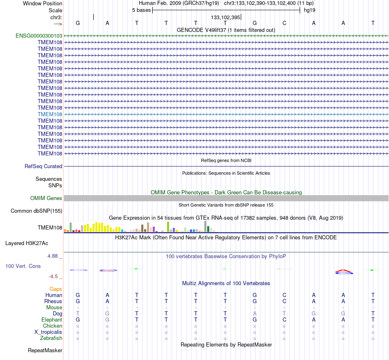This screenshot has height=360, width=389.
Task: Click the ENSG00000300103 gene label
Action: pyautogui.click(x=39, y=36)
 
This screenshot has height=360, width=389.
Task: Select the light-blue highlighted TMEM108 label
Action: pyautogui.click(x=50, y=114)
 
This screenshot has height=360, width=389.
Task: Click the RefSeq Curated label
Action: pyautogui.click(x=43, y=166)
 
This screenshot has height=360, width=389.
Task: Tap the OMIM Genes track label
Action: pyautogui.click(x=46, y=198)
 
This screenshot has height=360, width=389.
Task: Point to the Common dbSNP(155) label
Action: pyautogui.click(x=36, y=211)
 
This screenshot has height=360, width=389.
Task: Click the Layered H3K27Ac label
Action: pyautogui.click(x=27, y=243)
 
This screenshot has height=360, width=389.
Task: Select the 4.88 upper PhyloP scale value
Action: pyautogui.click(x=52, y=256)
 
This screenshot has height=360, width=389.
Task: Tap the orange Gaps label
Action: pyautogui.click(x=56, y=289)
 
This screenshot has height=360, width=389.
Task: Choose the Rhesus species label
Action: pyautogui.click(x=53, y=301)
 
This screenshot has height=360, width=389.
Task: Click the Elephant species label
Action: pyautogui.click(x=52, y=319)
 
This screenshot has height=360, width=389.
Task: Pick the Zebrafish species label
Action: pyautogui.click(x=51, y=338)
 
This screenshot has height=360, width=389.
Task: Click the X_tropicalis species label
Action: pyautogui.click(x=48, y=332)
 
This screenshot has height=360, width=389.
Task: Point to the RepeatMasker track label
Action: pyautogui.click(x=45, y=350)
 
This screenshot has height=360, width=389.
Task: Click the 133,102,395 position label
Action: pyautogui.click(x=226, y=17)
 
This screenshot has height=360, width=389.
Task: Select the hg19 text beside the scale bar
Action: pyautogui.click(x=310, y=10)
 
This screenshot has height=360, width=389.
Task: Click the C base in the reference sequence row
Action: pyautogui.click(x=284, y=23)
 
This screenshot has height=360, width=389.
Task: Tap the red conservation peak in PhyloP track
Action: pyautogui.click(x=344, y=271)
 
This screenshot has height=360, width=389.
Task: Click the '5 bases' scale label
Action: pyautogui.click(x=141, y=10)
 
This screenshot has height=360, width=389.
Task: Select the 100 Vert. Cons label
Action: pyautogui.click(x=23, y=266)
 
